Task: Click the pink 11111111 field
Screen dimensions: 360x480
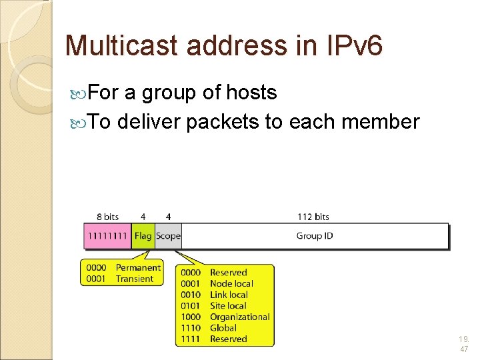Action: click(107, 236)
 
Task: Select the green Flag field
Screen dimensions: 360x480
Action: click(143, 236)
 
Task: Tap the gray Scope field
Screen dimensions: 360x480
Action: click(168, 236)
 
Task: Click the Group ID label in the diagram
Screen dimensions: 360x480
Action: click(315, 236)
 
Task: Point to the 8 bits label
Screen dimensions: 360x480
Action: click(107, 217)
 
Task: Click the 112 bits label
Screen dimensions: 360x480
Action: click(313, 217)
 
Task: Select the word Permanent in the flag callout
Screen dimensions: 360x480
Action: click(138, 267)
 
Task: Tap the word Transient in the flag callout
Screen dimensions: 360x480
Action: click(135, 279)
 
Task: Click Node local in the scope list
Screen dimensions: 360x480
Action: click(231, 283)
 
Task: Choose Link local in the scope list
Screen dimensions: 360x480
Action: click(229, 295)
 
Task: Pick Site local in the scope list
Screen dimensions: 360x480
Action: click(228, 305)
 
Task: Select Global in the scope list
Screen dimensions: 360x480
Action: click(223, 327)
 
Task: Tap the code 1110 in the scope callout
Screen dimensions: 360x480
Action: click(191, 327)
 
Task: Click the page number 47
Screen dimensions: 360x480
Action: click(464, 349)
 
